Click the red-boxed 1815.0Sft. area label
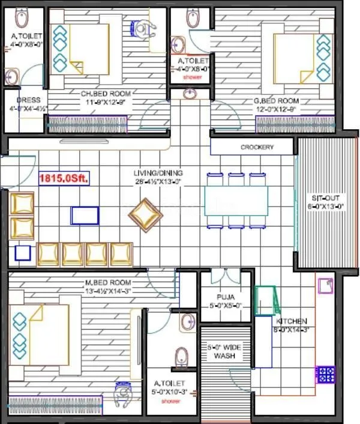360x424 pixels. point(64,178)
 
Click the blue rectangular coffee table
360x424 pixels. point(85,215)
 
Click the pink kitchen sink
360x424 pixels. point(325,285)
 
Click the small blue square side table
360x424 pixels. point(23,252)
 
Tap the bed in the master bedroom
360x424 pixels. point(39,334)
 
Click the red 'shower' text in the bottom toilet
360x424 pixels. point(173,401)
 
